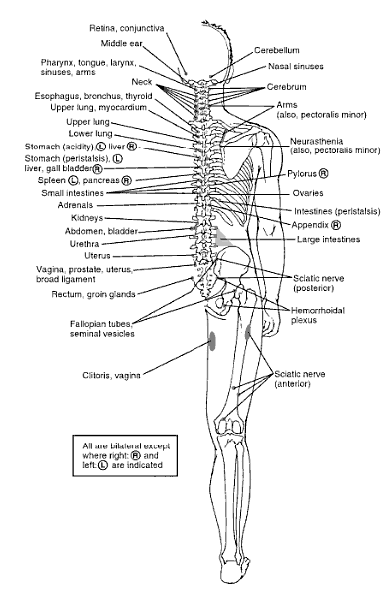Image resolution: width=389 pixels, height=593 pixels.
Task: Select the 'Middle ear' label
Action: (128, 44)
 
